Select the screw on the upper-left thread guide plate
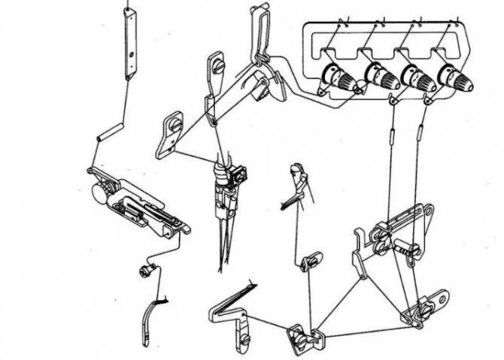(x=219, y=68)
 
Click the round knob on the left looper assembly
(x=98, y=192)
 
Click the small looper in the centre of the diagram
(x=295, y=188)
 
